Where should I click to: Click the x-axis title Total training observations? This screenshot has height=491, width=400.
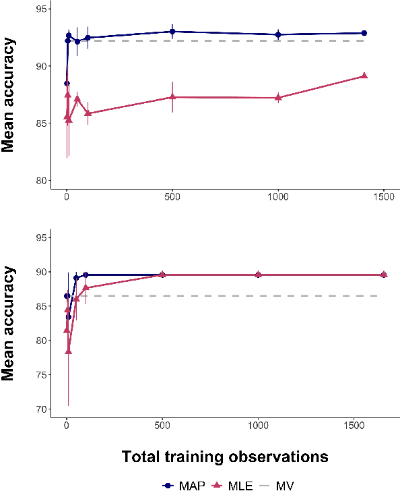pos(225,457)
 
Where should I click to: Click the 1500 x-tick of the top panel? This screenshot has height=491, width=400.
pos(383,196)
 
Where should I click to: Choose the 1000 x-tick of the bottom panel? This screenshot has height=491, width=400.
pos(259,426)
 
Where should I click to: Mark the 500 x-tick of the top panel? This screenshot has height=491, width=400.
pos(172,196)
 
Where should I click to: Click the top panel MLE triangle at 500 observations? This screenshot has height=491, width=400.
pos(172,96)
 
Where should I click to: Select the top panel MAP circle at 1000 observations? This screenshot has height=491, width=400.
pos(278,34)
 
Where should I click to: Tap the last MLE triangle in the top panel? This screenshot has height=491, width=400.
pos(364,76)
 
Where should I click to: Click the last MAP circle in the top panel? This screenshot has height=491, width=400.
pos(364,33)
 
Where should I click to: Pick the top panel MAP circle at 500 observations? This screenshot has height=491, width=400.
pos(172,32)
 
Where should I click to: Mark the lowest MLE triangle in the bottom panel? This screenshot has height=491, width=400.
pos(69,351)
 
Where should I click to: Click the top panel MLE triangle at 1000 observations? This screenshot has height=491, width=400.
pos(278,97)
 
